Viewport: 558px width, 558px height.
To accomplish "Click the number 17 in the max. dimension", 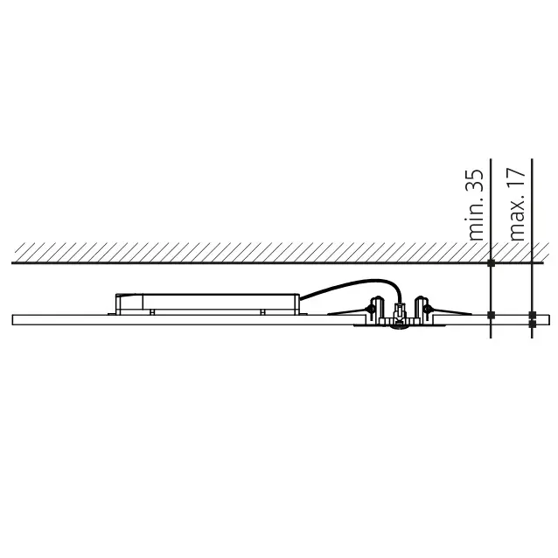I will click(x=516, y=181).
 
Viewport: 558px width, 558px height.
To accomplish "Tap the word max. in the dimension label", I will click(x=516, y=220).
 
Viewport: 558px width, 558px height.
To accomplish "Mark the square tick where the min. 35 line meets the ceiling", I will click(x=491, y=262).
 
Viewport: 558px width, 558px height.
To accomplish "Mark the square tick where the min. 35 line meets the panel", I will click(x=491, y=314).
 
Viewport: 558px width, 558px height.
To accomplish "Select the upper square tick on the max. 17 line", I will click(x=531, y=314).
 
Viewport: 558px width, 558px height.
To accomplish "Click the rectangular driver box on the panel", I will click(x=207, y=303).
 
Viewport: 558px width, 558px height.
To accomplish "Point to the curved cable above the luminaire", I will click(x=350, y=284).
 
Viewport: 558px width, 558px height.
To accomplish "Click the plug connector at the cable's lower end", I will click(x=400, y=310).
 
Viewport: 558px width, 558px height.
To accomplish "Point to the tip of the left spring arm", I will click(x=330, y=312).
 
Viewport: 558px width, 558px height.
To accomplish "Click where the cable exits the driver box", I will click(x=301, y=297).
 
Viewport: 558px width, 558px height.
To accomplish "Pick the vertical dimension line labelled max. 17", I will click(x=531, y=289).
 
